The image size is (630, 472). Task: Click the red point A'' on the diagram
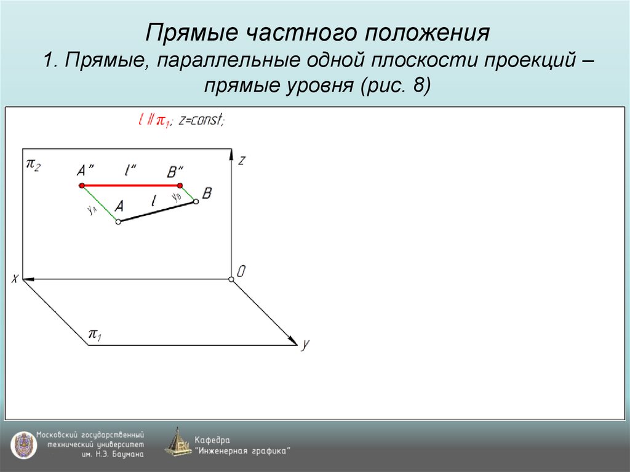[81, 185]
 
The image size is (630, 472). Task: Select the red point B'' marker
[180, 185]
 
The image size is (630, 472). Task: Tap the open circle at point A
[118, 222]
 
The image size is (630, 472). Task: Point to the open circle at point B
[196, 201]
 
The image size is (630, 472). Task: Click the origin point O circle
[231, 280]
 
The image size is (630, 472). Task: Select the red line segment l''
[130, 185]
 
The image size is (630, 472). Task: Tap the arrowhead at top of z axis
[231, 153]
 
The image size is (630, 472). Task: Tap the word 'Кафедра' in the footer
[212, 439]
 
